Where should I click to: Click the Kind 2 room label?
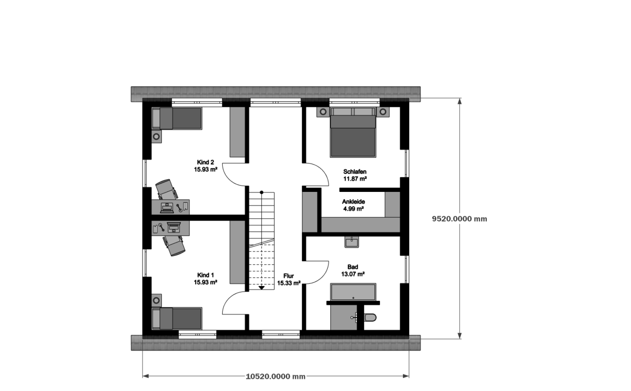tap(206, 162)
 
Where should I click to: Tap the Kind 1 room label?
tap(206, 275)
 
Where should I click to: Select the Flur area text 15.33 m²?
tap(289, 283)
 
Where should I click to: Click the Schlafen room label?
tap(355, 172)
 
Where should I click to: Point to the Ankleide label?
tap(353, 202)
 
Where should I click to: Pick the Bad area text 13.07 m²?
tap(353, 274)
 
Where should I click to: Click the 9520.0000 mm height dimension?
tap(460, 219)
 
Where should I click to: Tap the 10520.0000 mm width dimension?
tap(275, 377)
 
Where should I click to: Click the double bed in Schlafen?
tap(353, 132)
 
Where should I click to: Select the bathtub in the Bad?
tap(353, 292)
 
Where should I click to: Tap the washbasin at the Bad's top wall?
tap(352, 242)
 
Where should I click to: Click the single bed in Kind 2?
tap(177, 118)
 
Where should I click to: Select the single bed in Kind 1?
tap(177, 319)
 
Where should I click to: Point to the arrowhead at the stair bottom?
tap(261, 288)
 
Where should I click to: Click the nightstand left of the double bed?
tap(323, 112)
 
